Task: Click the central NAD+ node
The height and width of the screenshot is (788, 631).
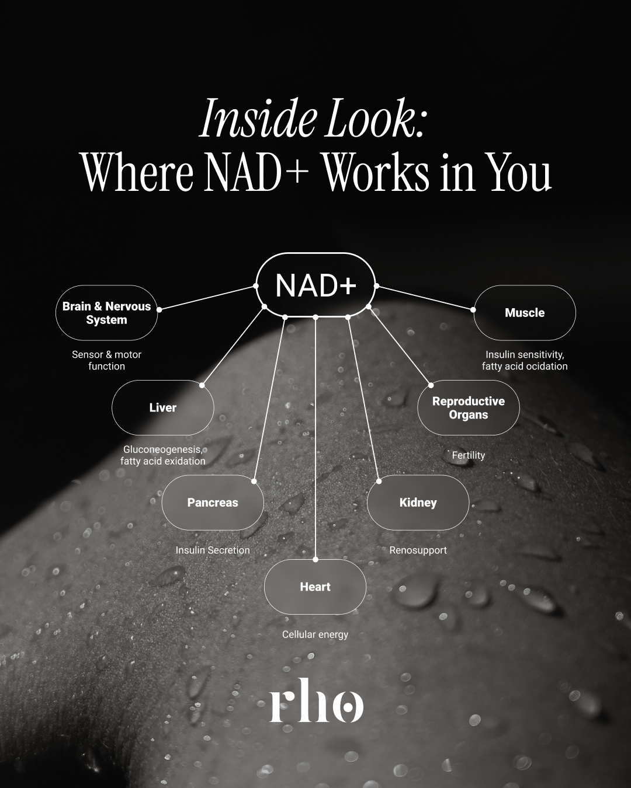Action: [315, 285]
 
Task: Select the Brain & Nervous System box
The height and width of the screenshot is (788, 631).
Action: [107, 313]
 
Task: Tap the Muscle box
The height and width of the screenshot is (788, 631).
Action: [525, 313]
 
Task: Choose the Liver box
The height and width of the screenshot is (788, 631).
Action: [163, 407]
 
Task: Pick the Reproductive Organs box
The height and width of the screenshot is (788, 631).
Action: [469, 407]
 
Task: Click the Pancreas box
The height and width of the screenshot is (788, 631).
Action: [213, 503]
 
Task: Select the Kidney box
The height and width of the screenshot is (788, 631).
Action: [418, 503]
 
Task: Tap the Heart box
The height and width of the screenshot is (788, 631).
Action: [315, 587]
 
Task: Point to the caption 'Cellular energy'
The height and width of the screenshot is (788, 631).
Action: [315, 634]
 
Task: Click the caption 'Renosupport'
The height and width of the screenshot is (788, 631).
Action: [418, 550]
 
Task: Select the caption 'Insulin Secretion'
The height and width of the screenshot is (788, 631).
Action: [213, 550]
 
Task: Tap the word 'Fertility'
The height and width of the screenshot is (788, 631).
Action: [469, 455]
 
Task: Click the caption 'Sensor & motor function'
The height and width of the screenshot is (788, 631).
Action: [107, 360]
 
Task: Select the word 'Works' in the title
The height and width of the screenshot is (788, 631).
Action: [377, 172]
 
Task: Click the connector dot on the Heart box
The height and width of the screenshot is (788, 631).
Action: [315, 560]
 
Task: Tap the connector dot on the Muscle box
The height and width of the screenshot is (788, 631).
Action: [473, 310]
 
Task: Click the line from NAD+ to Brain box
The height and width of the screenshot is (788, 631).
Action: [207, 298]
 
